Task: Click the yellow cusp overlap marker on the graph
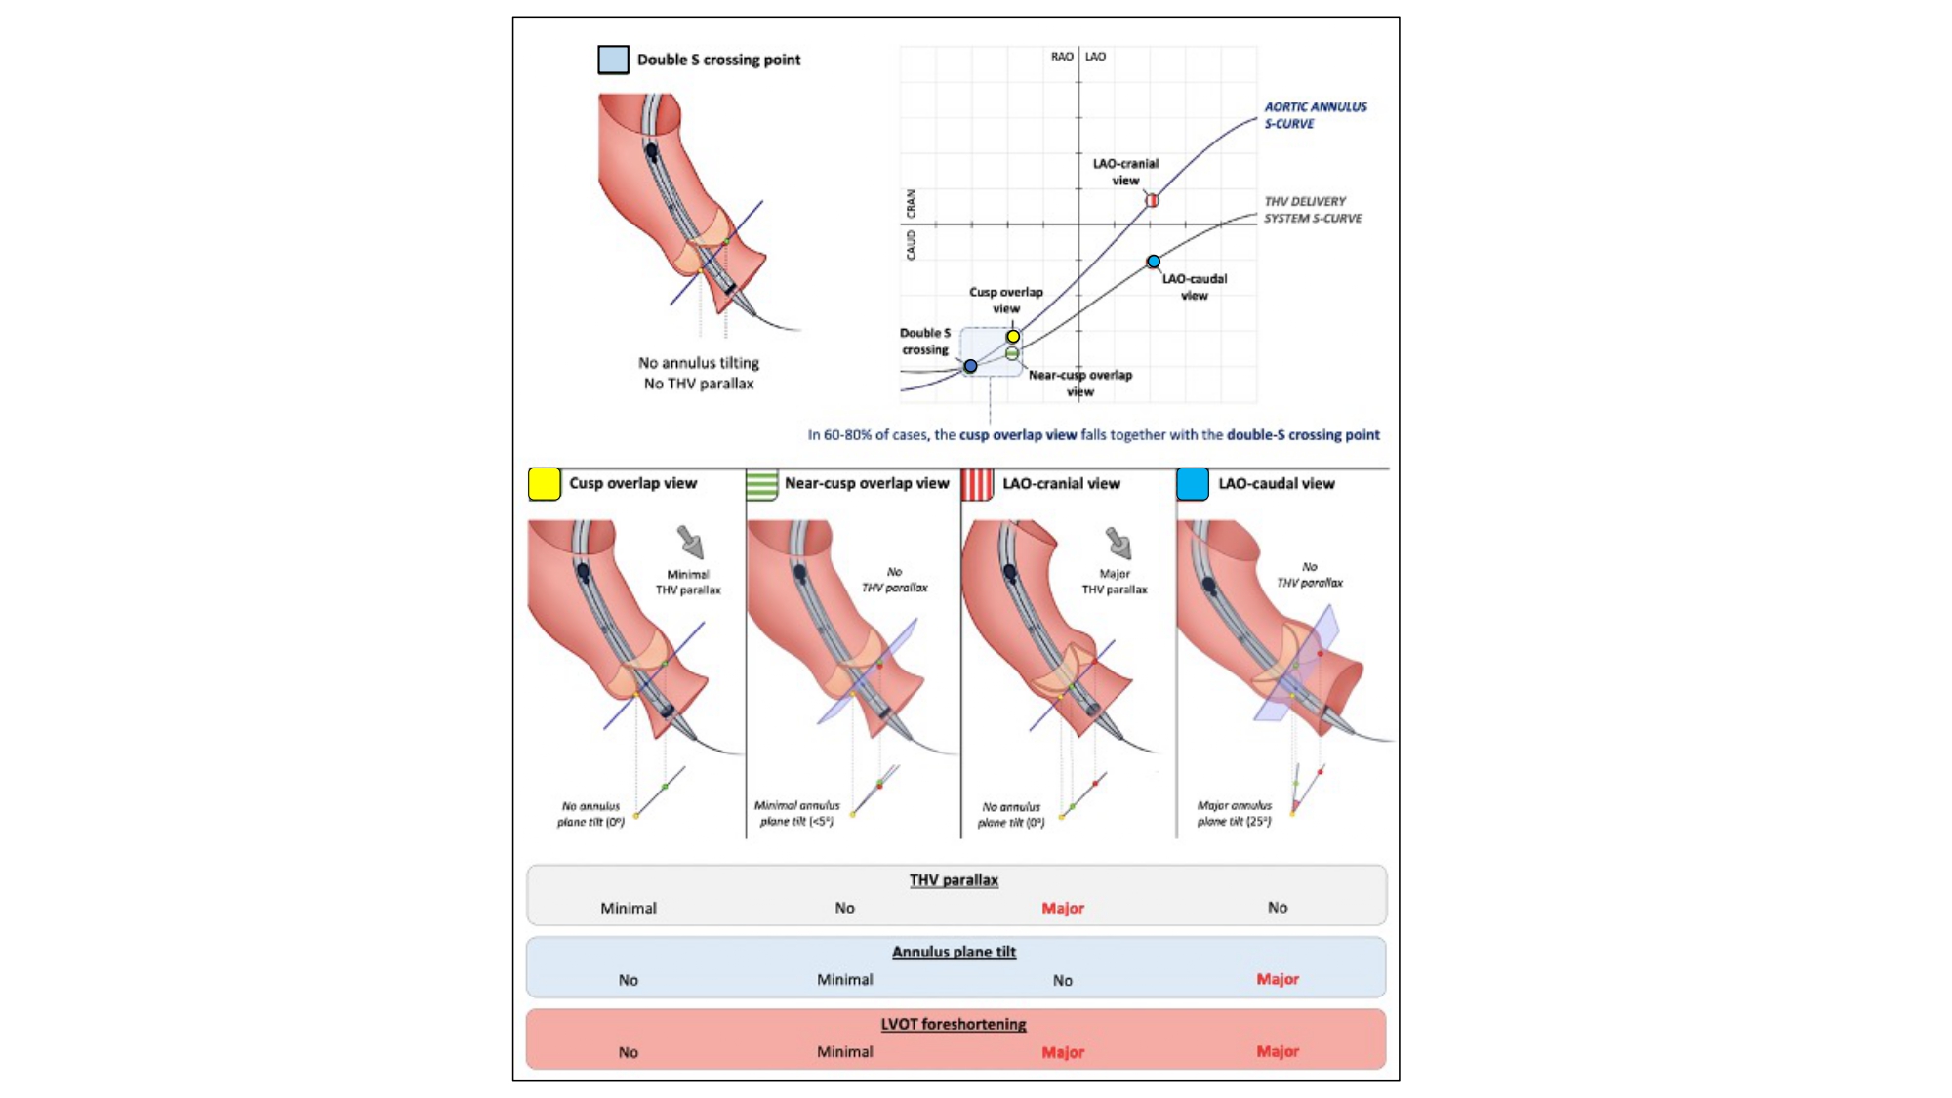click(x=1013, y=337)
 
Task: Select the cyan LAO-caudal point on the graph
click(x=1154, y=262)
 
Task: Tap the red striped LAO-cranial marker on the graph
click(x=1152, y=200)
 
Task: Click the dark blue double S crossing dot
click(x=970, y=366)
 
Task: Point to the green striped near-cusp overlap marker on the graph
click(x=1012, y=353)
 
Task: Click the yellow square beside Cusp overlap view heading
click(x=545, y=484)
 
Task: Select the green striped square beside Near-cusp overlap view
click(x=761, y=484)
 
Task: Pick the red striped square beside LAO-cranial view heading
click(x=977, y=484)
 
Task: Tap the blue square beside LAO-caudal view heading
click(x=1193, y=484)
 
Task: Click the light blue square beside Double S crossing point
click(x=613, y=60)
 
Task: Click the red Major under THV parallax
click(x=1063, y=909)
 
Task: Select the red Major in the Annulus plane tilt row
click(x=1278, y=979)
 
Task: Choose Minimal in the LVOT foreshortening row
click(x=845, y=1051)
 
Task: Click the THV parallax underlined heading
click(x=954, y=880)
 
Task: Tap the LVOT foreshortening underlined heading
click(x=954, y=1024)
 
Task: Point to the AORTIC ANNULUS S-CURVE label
click(x=1315, y=115)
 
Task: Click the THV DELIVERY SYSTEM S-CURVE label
click(x=1313, y=210)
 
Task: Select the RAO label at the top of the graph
click(x=1062, y=57)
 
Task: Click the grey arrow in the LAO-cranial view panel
click(x=1118, y=543)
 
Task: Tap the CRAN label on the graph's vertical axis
click(x=912, y=204)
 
